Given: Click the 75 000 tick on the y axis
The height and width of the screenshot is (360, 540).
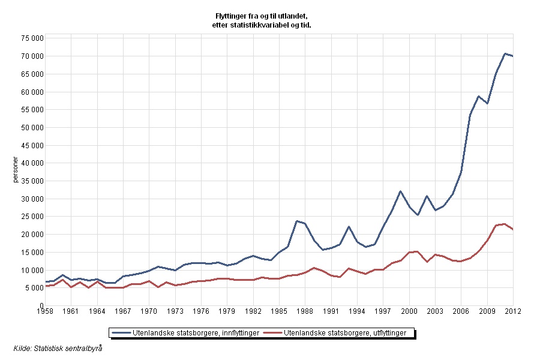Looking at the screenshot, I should tap(30, 38).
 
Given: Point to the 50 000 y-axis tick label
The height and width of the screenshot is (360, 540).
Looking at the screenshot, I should tap(30, 127).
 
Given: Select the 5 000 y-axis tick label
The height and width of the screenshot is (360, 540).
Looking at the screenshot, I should tap(32, 288).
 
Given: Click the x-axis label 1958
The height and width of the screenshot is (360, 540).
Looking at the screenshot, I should tap(45, 312).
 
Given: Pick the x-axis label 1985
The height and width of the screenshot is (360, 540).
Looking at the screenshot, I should tap(279, 312).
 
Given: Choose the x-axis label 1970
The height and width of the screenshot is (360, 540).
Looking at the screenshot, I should tap(149, 312).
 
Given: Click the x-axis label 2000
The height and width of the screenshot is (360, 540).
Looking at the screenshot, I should tap(409, 312).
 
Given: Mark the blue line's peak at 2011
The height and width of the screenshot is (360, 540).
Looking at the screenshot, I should tap(505, 53).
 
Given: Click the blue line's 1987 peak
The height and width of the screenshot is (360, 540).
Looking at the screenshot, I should tap(296, 221).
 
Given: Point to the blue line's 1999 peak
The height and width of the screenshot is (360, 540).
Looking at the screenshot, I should tap(400, 191).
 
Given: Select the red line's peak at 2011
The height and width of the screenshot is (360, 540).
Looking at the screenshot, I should tap(505, 224).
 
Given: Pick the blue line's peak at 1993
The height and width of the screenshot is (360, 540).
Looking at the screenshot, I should tap(349, 226).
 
